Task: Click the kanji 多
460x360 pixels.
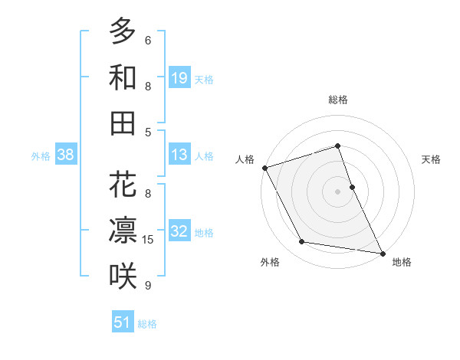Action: (123, 31)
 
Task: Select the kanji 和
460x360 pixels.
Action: (123, 77)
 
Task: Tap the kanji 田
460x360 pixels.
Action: (123, 123)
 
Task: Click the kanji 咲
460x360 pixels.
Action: (123, 277)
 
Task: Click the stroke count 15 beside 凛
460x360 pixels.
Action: (148, 240)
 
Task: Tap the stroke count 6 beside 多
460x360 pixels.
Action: (148, 41)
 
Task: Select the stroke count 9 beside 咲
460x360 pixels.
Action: (148, 286)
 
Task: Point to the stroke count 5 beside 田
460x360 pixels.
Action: (148, 132)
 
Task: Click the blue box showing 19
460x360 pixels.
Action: (179, 77)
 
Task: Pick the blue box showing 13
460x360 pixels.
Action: (179, 155)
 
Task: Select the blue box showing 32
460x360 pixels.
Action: (179, 231)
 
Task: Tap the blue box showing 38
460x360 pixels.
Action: (66, 155)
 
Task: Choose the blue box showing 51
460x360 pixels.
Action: (123, 322)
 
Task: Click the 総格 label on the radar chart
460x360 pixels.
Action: (337, 100)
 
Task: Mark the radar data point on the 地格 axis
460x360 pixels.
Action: (382, 252)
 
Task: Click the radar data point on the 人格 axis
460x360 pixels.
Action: (264, 167)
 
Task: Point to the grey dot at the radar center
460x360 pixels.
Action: (337, 191)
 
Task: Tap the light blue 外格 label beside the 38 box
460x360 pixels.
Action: (41, 156)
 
